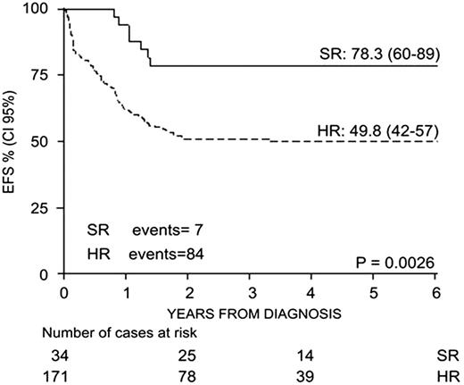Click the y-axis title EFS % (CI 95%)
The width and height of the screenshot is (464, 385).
pos(12,143)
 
